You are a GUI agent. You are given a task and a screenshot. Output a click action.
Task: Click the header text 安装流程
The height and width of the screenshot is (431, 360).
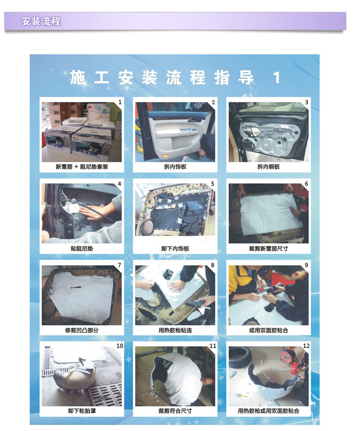[x=41, y=21]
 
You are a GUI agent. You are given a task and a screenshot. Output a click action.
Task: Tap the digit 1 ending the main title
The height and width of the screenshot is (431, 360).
[x=277, y=78]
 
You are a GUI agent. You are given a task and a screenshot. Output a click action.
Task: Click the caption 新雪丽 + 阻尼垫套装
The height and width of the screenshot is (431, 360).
[x=82, y=166]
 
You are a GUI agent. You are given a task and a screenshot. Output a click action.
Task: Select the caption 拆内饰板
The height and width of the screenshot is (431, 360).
[x=175, y=166]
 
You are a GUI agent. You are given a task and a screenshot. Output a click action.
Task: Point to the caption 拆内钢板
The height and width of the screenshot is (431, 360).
[x=268, y=166]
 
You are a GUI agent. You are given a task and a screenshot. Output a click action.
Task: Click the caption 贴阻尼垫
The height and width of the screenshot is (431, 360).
[x=82, y=249]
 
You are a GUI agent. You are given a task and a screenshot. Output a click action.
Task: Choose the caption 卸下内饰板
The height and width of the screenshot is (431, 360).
[x=175, y=249]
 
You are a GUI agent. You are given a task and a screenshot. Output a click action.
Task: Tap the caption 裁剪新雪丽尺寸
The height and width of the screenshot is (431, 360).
[x=268, y=249]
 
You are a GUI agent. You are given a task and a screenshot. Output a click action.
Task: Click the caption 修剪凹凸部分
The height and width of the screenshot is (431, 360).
[x=82, y=330]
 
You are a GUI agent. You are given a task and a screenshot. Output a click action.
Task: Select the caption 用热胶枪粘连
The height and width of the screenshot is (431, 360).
[x=175, y=330]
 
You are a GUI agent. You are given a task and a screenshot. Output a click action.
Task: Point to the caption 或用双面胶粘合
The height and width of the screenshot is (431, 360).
[x=268, y=330]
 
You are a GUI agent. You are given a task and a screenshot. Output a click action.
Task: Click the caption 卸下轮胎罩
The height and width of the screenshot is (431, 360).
[x=82, y=411]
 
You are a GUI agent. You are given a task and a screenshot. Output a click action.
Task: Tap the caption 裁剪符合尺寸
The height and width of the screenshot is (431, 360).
[x=175, y=411]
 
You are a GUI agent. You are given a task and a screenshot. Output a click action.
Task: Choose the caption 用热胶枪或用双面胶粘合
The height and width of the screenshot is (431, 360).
[x=268, y=411]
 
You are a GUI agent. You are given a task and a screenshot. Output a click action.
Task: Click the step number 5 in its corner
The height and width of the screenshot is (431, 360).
[x=213, y=184]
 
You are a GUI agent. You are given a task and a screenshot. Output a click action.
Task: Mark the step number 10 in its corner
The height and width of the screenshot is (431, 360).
[x=120, y=346]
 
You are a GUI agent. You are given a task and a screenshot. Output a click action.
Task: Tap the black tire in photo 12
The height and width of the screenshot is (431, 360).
[x=240, y=357]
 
